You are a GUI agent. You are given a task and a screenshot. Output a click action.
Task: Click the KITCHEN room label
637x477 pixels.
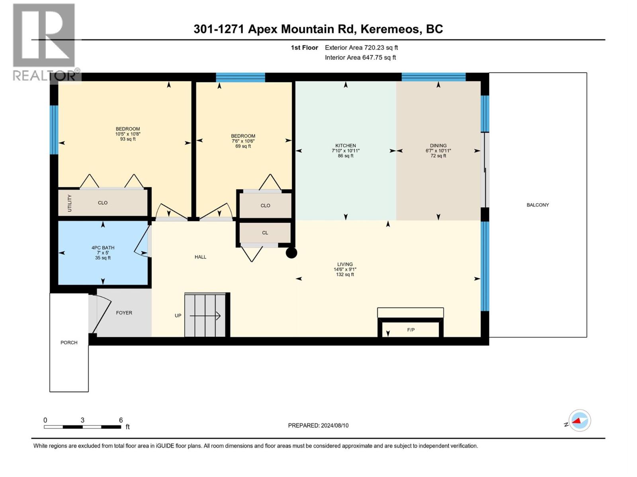[x=345, y=145]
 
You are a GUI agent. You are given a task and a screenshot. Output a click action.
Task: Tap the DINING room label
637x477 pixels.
[x=438, y=145]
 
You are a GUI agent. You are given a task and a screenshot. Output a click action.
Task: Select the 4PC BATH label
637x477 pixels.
[x=103, y=248]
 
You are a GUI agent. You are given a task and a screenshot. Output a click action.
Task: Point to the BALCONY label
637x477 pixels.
[x=538, y=205]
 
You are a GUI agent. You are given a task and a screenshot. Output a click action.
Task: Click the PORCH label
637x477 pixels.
[x=69, y=342]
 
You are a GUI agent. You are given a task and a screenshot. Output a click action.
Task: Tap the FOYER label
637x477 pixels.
[x=124, y=312]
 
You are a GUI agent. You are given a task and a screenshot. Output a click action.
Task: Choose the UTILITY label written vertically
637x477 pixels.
[x=69, y=203]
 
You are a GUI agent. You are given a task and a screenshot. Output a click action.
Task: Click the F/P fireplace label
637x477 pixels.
[x=410, y=330]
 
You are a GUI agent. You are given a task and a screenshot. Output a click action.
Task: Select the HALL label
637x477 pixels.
[x=201, y=257]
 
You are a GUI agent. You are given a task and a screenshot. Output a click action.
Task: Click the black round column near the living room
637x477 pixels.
[x=291, y=253]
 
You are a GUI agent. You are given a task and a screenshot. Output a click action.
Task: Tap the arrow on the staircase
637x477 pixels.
[x=205, y=316]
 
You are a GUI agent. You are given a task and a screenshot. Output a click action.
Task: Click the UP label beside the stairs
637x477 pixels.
[x=178, y=315]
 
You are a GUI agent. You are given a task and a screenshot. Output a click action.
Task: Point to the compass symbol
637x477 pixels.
[x=580, y=421]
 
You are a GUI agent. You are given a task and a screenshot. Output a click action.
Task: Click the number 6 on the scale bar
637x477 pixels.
[x=121, y=420]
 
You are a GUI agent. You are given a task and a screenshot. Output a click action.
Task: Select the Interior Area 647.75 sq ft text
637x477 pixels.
[x=360, y=57]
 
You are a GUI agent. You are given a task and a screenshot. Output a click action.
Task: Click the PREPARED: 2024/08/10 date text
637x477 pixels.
[x=318, y=425]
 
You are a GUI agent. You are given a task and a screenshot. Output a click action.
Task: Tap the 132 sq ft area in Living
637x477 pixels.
[x=345, y=274]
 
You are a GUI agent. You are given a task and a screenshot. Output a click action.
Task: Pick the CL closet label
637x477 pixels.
[x=265, y=233]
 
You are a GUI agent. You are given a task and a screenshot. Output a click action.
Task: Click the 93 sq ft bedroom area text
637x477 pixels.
[x=128, y=139]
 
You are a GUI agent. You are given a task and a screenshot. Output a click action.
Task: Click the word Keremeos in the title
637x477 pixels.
[x=391, y=29]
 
